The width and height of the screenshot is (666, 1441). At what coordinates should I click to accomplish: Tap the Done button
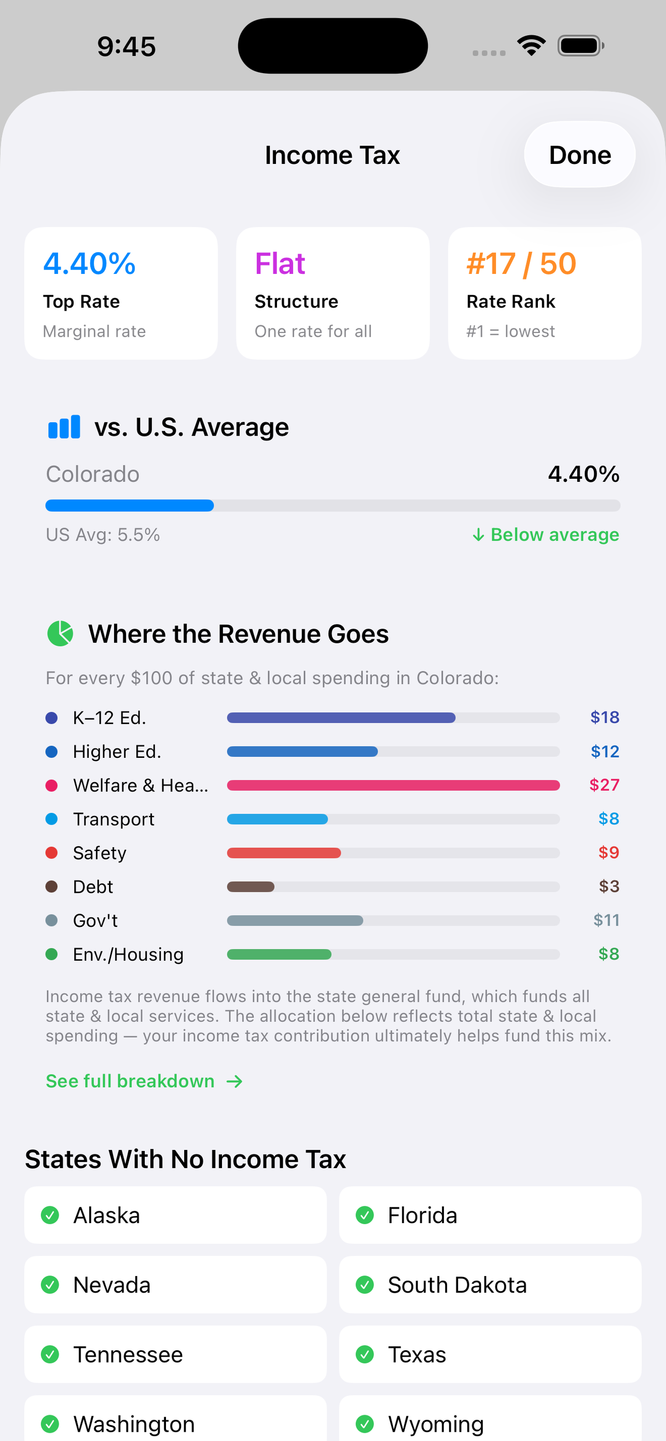pyautogui.click(x=579, y=155)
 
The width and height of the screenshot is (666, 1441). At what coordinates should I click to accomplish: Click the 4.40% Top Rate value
pyautogui.click(x=89, y=264)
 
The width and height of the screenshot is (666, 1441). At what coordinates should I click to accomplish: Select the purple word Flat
pyautogui.click(x=280, y=264)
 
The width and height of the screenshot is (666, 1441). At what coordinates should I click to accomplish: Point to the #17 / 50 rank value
pyautogui.click(x=521, y=264)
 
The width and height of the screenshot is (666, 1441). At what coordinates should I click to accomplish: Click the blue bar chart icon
pyautogui.click(x=64, y=427)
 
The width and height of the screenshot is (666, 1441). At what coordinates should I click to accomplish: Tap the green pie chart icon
pyautogui.click(x=60, y=633)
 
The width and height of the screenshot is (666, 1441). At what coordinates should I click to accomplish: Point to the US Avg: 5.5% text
pyautogui.click(x=103, y=535)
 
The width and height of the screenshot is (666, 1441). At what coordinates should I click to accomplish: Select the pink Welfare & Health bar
pyautogui.click(x=393, y=785)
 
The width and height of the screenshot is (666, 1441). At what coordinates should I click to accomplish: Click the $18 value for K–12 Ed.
pyautogui.click(x=604, y=718)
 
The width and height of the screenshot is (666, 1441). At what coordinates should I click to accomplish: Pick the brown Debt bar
pyautogui.click(x=251, y=886)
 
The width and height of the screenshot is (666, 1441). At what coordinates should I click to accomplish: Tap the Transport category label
pyautogui.click(x=114, y=820)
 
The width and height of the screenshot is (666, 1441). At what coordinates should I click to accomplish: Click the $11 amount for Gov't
pyautogui.click(x=606, y=920)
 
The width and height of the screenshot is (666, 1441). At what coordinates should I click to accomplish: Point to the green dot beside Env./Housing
pyautogui.click(x=51, y=954)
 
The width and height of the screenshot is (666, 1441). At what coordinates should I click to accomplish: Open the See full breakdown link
pyautogui.click(x=144, y=1082)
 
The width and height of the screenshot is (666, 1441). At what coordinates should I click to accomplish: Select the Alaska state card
pyautogui.click(x=175, y=1215)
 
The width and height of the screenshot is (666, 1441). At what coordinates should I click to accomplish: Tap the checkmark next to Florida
pyautogui.click(x=365, y=1215)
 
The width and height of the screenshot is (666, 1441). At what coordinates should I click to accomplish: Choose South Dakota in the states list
pyautogui.click(x=490, y=1284)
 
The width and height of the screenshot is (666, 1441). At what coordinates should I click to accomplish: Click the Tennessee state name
pyautogui.click(x=128, y=1354)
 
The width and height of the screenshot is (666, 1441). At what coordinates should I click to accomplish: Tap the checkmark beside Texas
pyautogui.click(x=365, y=1354)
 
